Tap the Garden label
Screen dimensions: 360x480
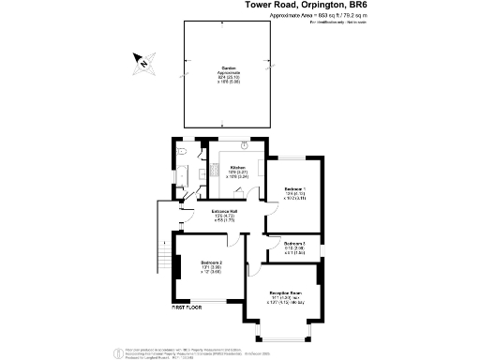229,67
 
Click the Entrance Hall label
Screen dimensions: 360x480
223,211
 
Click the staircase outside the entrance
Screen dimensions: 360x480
167,259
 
